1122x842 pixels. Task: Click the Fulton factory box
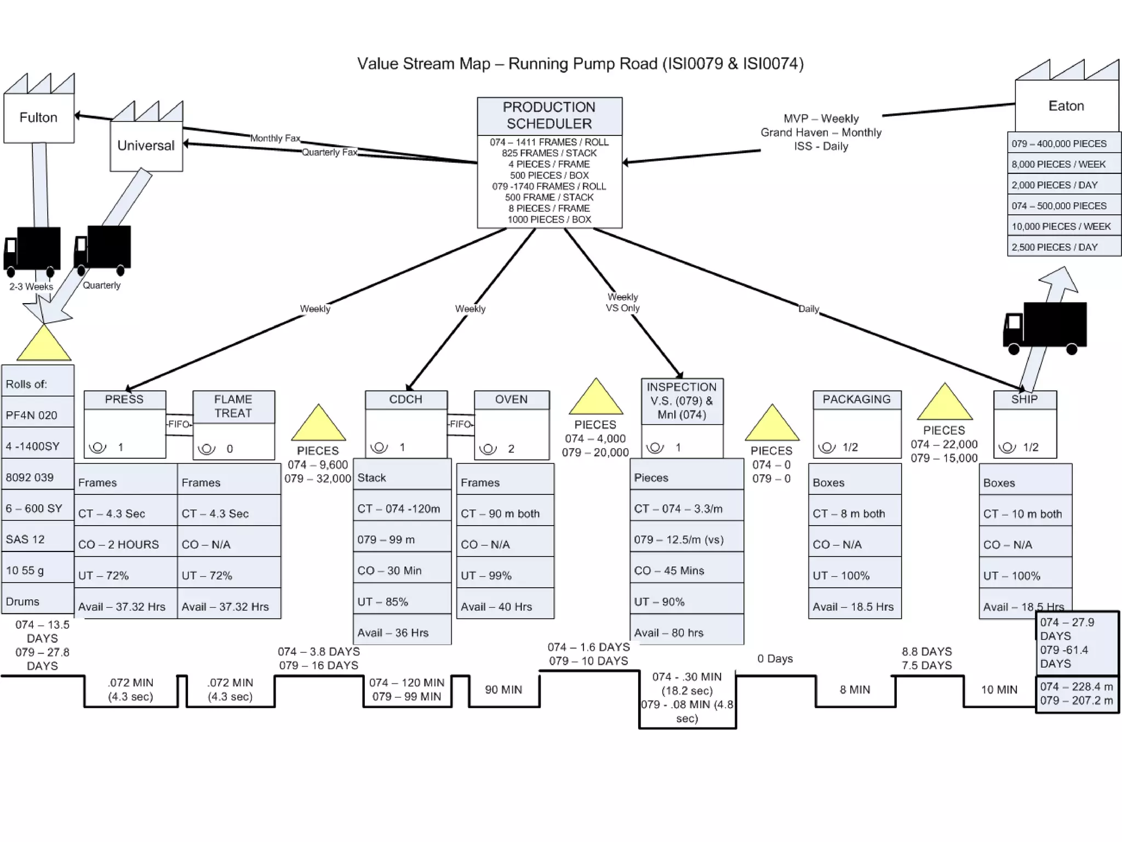pyautogui.click(x=38, y=117)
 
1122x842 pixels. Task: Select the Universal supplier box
pyautogui.click(x=146, y=145)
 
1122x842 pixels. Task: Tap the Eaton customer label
pyautogui.click(x=1066, y=106)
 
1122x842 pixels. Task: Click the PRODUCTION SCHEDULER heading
pyautogui.click(x=549, y=116)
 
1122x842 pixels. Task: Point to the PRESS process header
pyautogui.click(x=124, y=400)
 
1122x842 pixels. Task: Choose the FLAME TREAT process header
pyautogui.click(x=233, y=406)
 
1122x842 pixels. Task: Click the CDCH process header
pyautogui.click(x=405, y=400)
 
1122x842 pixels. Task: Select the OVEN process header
pyautogui.click(x=511, y=400)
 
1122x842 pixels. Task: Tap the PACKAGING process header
pyautogui.click(x=856, y=400)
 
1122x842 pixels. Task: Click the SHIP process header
pyautogui.click(x=1024, y=400)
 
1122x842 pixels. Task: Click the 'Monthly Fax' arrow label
pyautogui.click(x=275, y=138)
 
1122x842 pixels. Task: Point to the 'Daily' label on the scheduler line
pyautogui.click(x=809, y=309)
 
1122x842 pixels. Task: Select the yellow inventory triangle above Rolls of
pyautogui.click(x=44, y=344)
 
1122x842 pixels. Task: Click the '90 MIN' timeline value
pyautogui.click(x=503, y=690)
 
